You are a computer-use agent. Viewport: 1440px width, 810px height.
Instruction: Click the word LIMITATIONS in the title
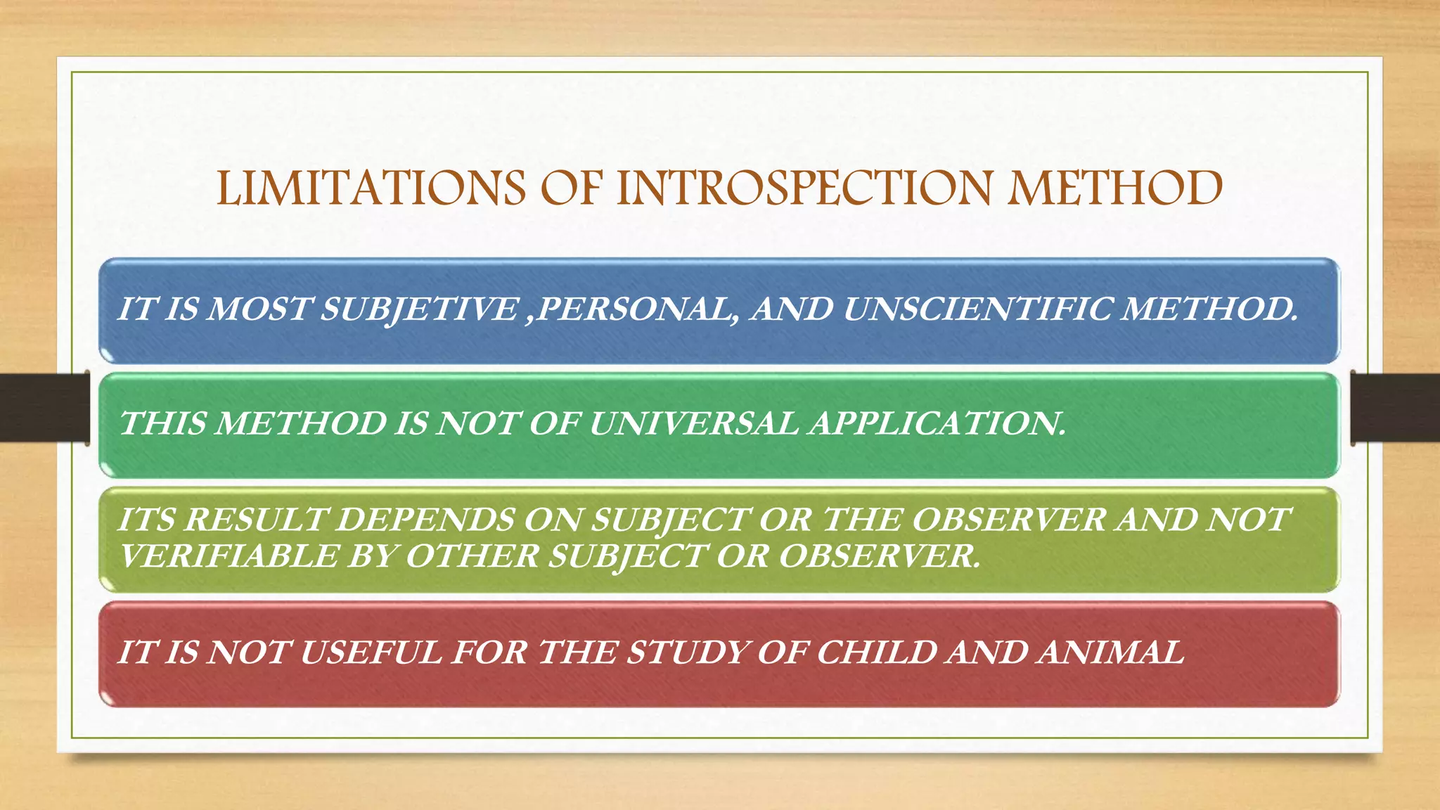point(371,188)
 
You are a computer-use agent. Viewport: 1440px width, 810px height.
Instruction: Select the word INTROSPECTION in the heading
point(805,188)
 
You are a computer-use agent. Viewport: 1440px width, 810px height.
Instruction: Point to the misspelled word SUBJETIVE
point(418,310)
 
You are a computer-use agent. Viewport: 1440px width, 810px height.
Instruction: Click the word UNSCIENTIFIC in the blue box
point(976,310)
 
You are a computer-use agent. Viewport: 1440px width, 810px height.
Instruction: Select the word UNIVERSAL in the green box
point(693,424)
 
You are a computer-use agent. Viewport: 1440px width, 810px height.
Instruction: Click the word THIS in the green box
point(164,424)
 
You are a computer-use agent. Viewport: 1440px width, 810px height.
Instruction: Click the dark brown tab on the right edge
point(1395,408)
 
